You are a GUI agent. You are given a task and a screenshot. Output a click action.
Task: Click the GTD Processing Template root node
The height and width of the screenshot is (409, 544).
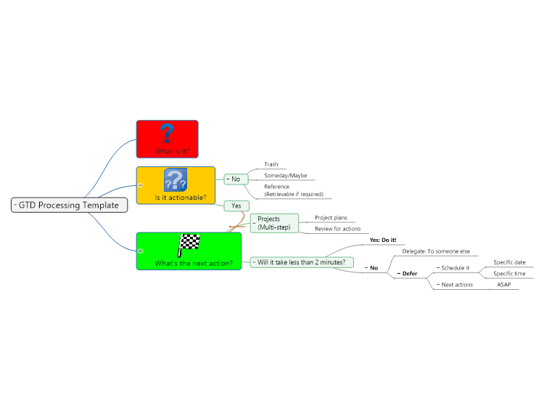point(70,205)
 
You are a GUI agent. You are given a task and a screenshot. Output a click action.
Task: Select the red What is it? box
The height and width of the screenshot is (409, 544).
point(168,139)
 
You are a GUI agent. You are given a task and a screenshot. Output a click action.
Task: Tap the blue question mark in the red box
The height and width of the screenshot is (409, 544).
point(167,133)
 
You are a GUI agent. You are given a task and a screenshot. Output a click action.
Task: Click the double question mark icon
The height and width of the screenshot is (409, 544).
point(176,179)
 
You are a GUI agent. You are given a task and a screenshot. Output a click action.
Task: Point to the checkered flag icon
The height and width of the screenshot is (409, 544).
point(189,245)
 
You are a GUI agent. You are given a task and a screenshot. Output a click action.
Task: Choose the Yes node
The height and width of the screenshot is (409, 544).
point(236,206)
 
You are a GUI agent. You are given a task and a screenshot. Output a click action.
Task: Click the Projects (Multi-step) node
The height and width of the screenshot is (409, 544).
point(274,223)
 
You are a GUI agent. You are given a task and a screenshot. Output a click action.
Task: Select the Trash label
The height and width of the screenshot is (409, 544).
point(271,164)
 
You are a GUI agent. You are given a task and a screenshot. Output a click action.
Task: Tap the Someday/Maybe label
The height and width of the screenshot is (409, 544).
point(286,176)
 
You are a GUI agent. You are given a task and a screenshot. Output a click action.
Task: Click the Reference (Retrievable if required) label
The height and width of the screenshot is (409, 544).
point(294,190)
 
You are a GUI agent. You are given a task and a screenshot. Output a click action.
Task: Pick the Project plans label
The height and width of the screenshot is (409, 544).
point(331,217)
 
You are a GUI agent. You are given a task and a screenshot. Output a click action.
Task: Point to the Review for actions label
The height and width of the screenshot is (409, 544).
point(337,229)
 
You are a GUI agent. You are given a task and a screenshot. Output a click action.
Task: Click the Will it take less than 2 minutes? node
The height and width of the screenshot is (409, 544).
point(302,262)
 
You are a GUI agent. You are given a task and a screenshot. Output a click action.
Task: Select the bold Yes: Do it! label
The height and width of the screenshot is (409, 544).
point(383,240)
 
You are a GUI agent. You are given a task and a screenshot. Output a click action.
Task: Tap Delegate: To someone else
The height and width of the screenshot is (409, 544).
point(436,251)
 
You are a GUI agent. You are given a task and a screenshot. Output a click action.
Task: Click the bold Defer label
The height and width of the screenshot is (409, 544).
point(410,273)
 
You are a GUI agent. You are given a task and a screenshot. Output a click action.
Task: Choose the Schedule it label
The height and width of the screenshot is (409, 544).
point(456,268)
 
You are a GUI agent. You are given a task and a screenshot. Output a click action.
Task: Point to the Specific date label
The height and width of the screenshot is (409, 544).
point(509,262)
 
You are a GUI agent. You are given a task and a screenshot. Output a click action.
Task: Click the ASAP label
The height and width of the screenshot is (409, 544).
point(504,285)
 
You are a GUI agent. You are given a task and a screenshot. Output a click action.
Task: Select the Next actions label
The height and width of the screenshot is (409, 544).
point(457,285)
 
